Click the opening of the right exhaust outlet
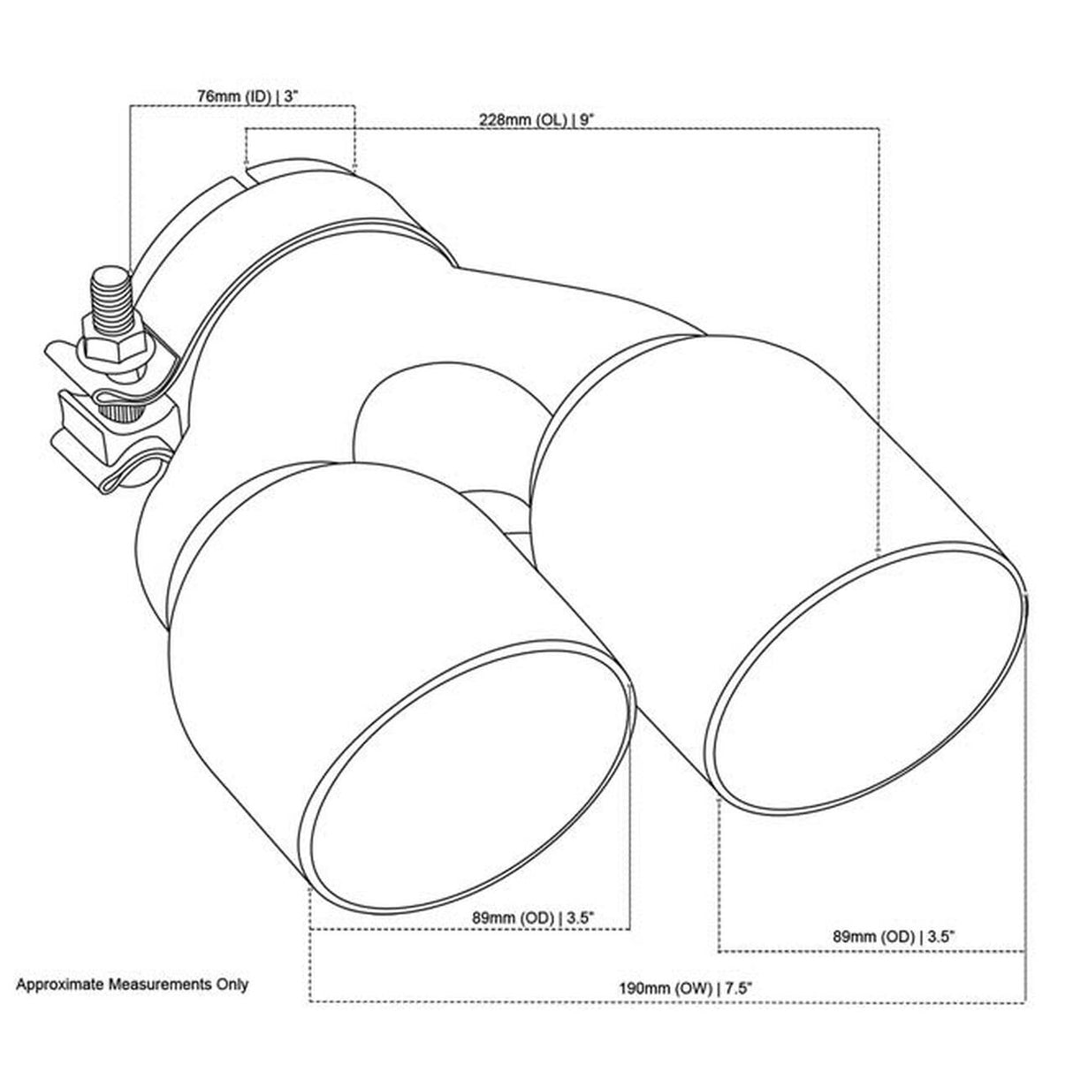coord(865,676)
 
